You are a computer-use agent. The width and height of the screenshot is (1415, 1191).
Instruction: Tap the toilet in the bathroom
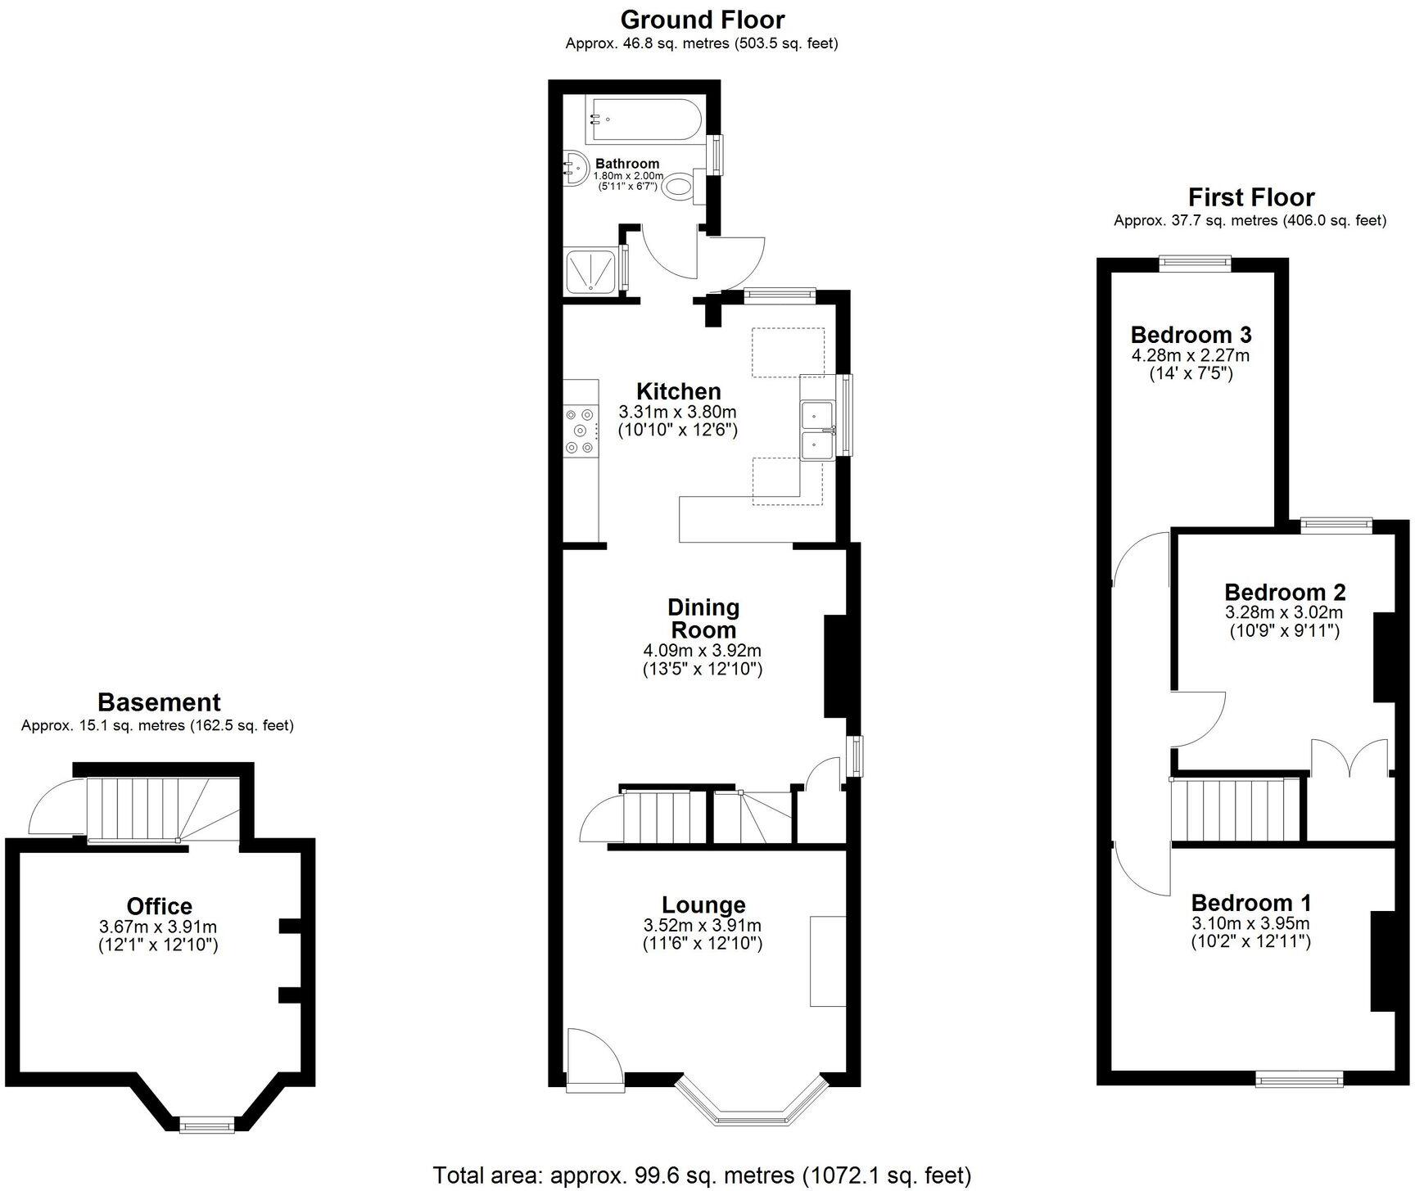pyautogui.click(x=679, y=187)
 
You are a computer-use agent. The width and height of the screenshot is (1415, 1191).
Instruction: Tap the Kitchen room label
pyautogui.click(x=678, y=390)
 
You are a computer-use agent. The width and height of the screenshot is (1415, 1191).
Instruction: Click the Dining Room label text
pyautogui.click(x=703, y=619)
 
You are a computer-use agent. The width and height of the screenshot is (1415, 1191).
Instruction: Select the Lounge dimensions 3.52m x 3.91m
pyautogui.click(x=703, y=926)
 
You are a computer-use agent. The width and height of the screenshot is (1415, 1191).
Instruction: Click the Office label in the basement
pyautogui.click(x=159, y=906)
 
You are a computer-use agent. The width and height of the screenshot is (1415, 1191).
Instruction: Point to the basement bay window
pyautogui.click(x=207, y=1126)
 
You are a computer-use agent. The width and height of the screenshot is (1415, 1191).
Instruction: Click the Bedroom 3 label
pyautogui.click(x=1191, y=335)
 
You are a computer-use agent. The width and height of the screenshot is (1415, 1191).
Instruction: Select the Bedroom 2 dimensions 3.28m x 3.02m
pyautogui.click(x=1284, y=612)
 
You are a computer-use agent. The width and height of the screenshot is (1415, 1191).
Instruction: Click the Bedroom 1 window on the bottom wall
pyautogui.click(x=1300, y=1080)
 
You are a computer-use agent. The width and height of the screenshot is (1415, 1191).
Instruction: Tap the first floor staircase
pyautogui.click(x=1234, y=810)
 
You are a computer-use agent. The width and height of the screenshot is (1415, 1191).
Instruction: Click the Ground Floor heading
pyautogui.click(x=702, y=20)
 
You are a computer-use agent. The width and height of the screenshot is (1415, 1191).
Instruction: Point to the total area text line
pyautogui.click(x=702, y=1175)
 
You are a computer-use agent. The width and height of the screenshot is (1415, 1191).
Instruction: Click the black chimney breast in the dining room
pyautogui.click(x=835, y=666)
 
